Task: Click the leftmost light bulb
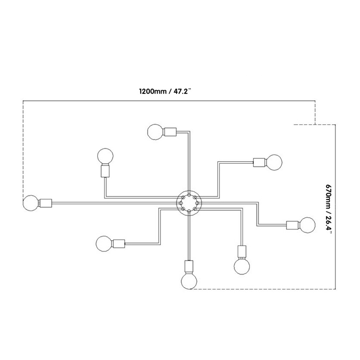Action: pyautogui.click(x=31, y=203)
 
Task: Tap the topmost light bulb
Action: pyautogui.click(x=155, y=132)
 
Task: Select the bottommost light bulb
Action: pyautogui.click(x=189, y=281)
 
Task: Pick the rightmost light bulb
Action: pyautogui.click(x=307, y=225)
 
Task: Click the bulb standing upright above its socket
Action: pyautogui.click(x=105, y=156)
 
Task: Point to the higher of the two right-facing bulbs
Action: pyautogui.click(x=274, y=162)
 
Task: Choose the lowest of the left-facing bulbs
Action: pyautogui.click(x=104, y=244)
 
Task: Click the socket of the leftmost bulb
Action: pyautogui.click(x=46, y=203)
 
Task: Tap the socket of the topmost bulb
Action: pyautogui.click(x=170, y=132)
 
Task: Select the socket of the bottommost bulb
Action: pyautogui.click(x=189, y=266)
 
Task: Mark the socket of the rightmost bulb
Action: pyautogui.click(x=292, y=225)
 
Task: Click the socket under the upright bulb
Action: pyautogui.click(x=105, y=171)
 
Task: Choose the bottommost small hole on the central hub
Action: pyautogui.click(x=189, y=211)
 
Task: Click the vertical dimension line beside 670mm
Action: pyautogui.click(x=336, y=207)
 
